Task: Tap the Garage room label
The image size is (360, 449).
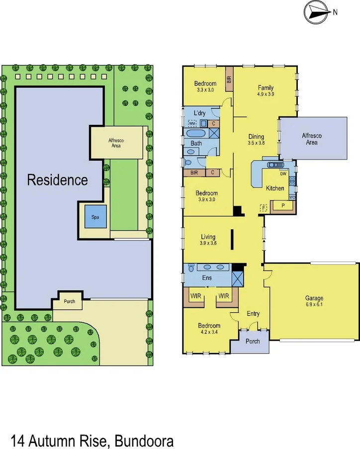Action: (314, 298)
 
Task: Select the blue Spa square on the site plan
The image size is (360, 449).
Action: (94, 217)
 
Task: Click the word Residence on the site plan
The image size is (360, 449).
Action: (57, 180)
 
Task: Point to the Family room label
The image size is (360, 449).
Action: (266, 88)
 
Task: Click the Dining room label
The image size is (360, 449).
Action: (256, 137)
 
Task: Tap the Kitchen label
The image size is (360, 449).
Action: (275, 188)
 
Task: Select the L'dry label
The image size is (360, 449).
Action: (199, 113)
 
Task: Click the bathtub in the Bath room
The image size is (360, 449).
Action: (195, 133)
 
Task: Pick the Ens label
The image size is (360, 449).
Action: (207, 278)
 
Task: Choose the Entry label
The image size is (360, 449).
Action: (253, 313)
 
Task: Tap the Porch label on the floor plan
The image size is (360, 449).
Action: (253, 341)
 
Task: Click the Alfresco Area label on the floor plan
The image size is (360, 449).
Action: (312, 139)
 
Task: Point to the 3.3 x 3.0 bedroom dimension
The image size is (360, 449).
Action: (205, 90)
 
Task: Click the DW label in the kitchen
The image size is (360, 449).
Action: (282, 174)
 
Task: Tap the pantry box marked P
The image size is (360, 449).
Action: (282, 205)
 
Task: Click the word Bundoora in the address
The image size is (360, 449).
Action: (144, 441)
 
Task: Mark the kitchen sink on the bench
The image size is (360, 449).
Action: (274, 165)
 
